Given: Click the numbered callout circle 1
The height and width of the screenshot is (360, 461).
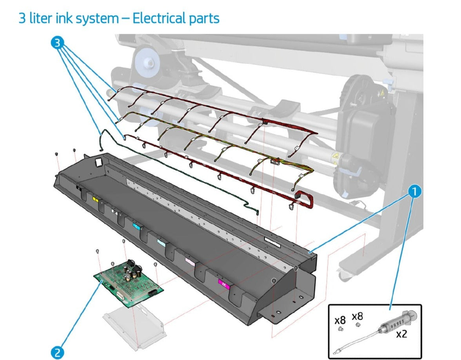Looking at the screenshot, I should point(414,191).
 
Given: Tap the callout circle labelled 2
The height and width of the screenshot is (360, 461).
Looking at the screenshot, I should point(57,352).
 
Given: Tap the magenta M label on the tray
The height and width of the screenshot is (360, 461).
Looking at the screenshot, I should point(223,283).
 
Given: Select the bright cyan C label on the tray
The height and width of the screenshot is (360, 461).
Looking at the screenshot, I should point(136,226).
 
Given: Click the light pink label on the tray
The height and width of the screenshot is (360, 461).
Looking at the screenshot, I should point(190,262).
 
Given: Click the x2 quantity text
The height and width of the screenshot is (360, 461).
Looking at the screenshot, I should point(401,335).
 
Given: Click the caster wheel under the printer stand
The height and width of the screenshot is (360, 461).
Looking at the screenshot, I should point(345,275).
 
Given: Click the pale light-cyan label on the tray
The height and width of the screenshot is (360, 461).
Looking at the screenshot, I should point(161,242).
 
